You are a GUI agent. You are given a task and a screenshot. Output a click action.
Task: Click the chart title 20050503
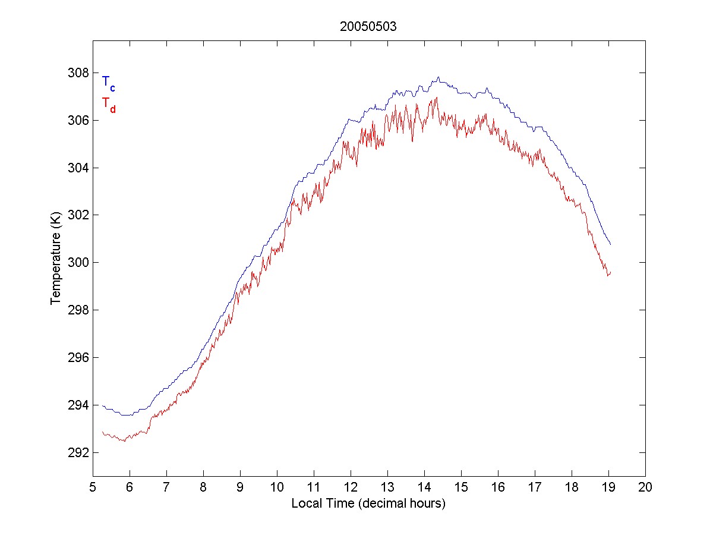pyautogui.click(x=369, y=26)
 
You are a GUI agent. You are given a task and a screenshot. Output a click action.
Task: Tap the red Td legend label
pyautogui.click(x=108, y=104)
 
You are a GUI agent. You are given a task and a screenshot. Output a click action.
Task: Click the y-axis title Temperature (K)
pyautogui.click(x=56, y=259)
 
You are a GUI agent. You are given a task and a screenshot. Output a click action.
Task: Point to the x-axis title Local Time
pyautogui.click(x=368, y=503)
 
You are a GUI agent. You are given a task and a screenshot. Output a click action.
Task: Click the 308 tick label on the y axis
pyautogui.click(x=78, y=73)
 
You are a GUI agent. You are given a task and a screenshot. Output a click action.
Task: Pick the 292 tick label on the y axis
pyautogui.click(x=78, y=452)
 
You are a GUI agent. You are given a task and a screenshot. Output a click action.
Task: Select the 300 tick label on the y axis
pyautogui.click(x=78, y=263)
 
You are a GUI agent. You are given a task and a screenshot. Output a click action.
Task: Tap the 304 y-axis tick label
pyautogui.click(x=78, y=168)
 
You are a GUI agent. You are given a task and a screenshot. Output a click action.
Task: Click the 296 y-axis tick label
pyautogui.click(x=78, y=358)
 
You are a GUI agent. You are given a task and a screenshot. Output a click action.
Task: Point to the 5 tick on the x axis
pyautogui.click(x=93, y=488)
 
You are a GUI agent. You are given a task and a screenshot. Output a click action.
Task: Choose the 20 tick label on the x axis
pyautogui.click(x=645, y=488)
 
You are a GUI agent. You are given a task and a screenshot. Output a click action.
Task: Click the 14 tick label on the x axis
pyautogui.click(x=424, y=488)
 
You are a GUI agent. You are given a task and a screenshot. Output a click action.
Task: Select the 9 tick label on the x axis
pyautogui.click(x=240, y=488)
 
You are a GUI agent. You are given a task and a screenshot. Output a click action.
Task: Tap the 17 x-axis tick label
pyautogui.click(x=535, y=488)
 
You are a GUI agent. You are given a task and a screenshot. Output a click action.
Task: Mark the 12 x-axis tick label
pyautogui.click(x=351, y=488)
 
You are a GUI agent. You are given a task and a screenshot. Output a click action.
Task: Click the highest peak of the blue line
pyautogui.click(x=438, y=77)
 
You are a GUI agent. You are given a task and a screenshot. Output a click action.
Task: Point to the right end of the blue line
pyautogui.click(x=610, y=244)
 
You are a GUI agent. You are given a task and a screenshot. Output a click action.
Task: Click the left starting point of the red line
pyautogui.click(x=102, y=432)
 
